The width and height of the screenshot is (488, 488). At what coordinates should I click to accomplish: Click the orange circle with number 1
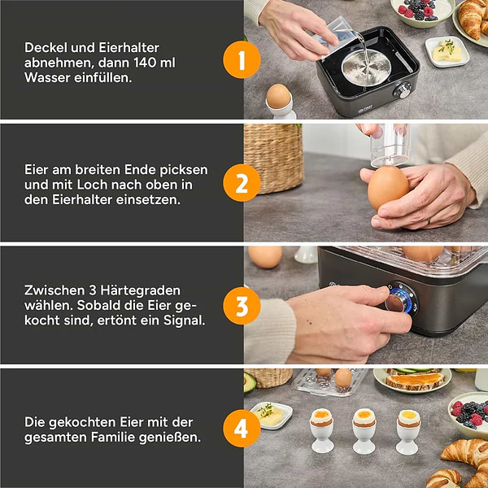click(242, 59)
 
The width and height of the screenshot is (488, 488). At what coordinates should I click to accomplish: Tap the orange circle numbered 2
click(242, 183)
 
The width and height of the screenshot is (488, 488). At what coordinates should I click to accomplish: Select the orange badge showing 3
click(242, 306)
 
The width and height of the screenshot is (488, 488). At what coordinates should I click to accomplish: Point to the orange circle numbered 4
click(242, 429)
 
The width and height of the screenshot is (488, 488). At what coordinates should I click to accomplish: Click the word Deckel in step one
click(46, 48)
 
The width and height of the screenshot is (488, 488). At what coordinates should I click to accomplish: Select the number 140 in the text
click(145, 63)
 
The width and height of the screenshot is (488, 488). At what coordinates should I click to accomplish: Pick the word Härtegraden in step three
click(141, 290)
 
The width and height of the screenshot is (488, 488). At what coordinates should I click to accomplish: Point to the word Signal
click(185, 320)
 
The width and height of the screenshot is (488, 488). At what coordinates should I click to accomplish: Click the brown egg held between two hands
click(388, 188)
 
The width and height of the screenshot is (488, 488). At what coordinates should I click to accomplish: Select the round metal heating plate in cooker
click(366, 68)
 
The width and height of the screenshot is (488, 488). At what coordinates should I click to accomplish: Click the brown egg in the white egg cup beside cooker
click(278, 96)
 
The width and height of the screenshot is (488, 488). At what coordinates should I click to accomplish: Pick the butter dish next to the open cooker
click(447, 52)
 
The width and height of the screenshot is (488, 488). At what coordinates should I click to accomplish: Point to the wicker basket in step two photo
click(273, 159)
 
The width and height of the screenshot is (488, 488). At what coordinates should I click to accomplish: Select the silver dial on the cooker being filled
click(403, 90)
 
